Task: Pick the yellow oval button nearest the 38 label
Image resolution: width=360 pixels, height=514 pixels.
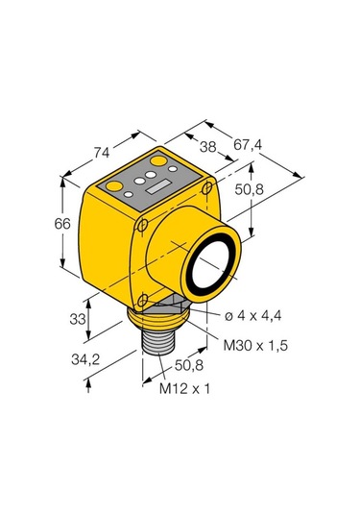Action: pos(159,159)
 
